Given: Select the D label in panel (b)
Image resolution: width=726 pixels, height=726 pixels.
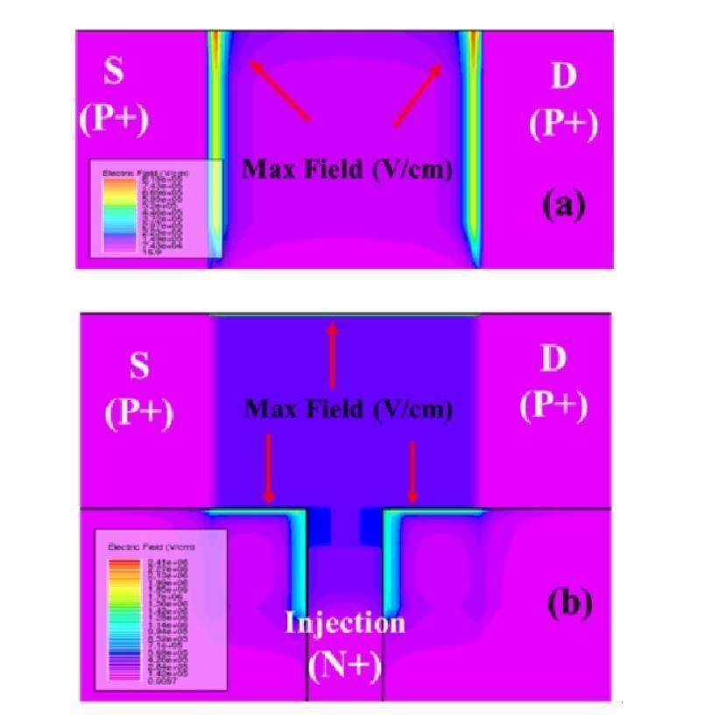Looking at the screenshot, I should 553,361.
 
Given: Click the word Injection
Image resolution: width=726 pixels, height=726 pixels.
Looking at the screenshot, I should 345,623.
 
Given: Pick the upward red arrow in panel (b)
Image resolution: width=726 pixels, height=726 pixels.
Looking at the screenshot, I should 332,355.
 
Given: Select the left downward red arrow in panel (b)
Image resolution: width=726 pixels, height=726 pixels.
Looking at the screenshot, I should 269,469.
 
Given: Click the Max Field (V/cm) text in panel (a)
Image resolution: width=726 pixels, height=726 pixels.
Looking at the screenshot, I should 347,169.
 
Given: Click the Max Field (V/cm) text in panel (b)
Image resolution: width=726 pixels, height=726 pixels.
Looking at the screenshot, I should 349,408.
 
